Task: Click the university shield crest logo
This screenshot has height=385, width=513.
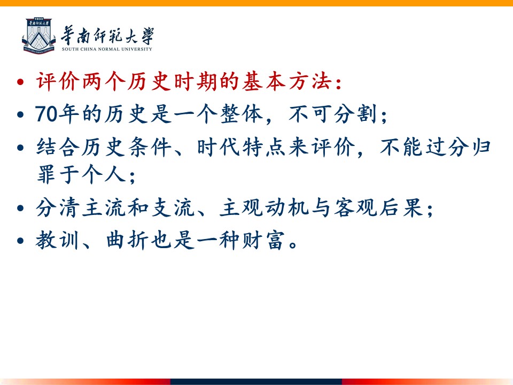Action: coord(39,36)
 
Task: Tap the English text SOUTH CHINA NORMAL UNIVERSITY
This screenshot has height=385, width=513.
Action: coord(107,49)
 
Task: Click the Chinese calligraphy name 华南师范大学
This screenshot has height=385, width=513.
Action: coord(107,35)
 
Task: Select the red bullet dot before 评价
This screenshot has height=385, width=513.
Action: coord(20,81)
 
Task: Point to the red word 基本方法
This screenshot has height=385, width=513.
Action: coord(286,81)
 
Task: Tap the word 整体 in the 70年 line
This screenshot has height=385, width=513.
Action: coord(242,114)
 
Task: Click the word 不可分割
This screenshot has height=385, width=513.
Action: coord(333,114)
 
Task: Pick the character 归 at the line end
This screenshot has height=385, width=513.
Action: coord(480,147)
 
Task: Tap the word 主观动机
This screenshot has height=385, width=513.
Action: coord(263,208)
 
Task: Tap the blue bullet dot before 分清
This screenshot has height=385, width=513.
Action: coord(20,208)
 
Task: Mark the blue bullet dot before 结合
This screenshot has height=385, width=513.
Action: coord(20,148)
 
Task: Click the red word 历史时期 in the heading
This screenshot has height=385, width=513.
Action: coord(172,81)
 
